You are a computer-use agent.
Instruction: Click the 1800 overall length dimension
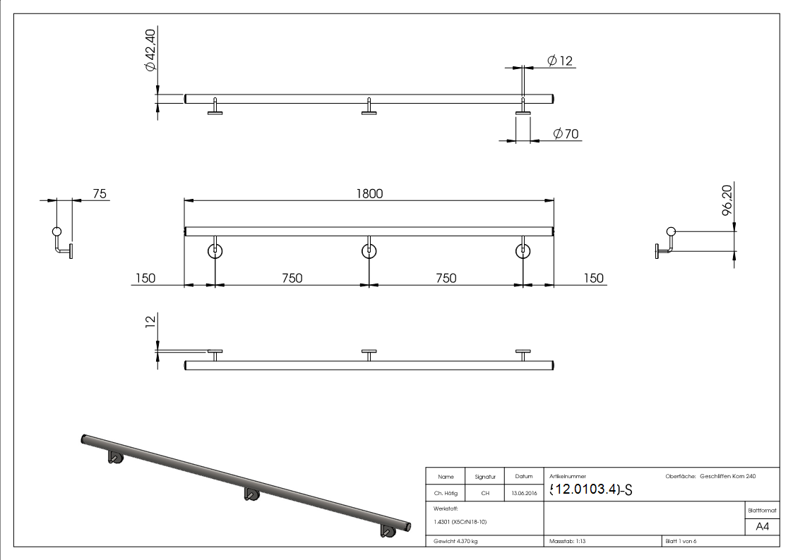coord(369,194)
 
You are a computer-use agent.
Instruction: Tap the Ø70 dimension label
coord(566,133)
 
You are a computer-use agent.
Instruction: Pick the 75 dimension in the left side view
coord(99,194)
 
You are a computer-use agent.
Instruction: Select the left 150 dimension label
coord(144,278)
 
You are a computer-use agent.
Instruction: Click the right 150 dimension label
coord(593,278)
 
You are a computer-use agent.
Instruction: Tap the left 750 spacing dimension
coord(292,278)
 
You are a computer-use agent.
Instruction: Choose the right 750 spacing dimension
coord(446,278)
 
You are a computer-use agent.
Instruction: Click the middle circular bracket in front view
coord(369,250)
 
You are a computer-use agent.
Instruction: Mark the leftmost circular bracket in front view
coord(215,250)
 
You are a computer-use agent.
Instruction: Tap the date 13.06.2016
coord(523,494)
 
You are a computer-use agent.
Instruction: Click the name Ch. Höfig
coord(446,494)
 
